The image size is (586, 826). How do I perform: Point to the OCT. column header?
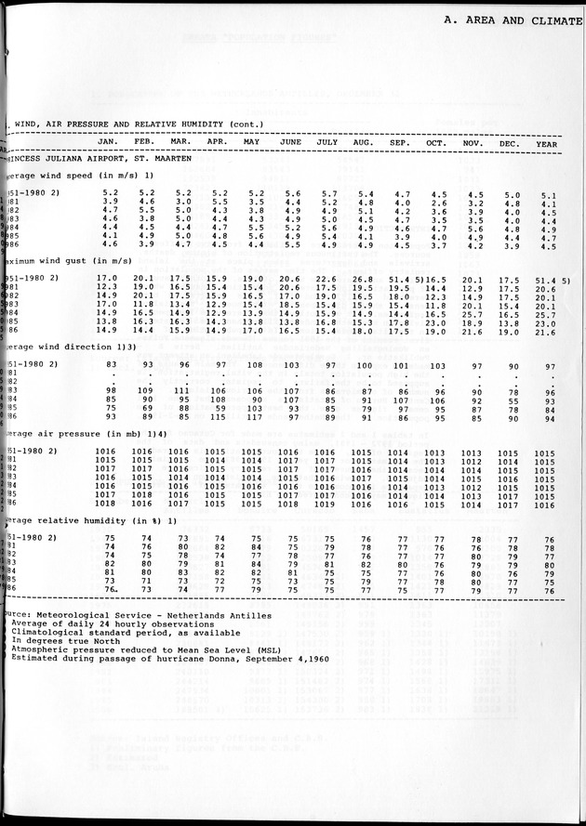tap(436, 142)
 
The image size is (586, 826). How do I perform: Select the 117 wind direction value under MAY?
tap(254, 416)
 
